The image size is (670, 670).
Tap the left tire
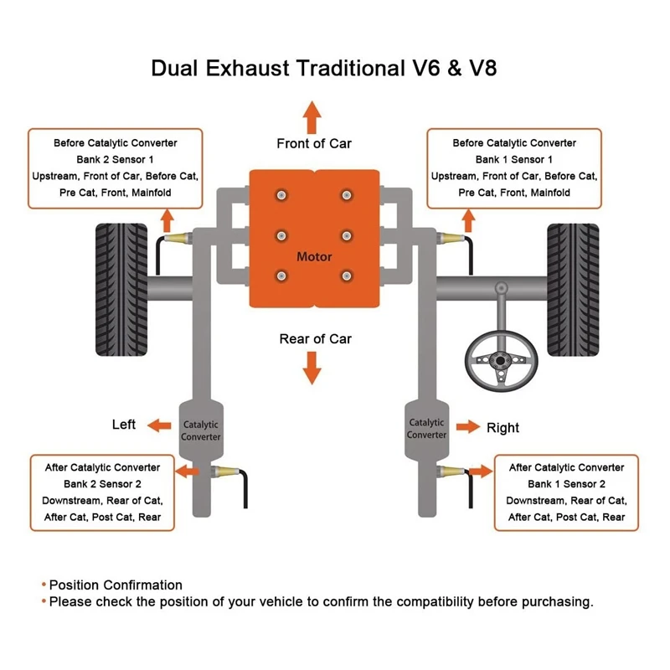point(122,277)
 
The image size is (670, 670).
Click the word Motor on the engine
point(314,256)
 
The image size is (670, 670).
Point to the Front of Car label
point(314,143)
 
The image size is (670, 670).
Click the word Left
point(124,425)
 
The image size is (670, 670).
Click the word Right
point(502,428)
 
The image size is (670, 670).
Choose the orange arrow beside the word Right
point(463,428)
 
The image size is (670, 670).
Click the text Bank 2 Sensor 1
point(116,159)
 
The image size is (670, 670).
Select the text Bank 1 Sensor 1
point(514,159)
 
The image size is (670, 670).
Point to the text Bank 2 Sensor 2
point(103,484)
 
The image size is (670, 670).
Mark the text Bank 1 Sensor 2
point(567,484)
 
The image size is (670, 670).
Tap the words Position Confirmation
point(116,585)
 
